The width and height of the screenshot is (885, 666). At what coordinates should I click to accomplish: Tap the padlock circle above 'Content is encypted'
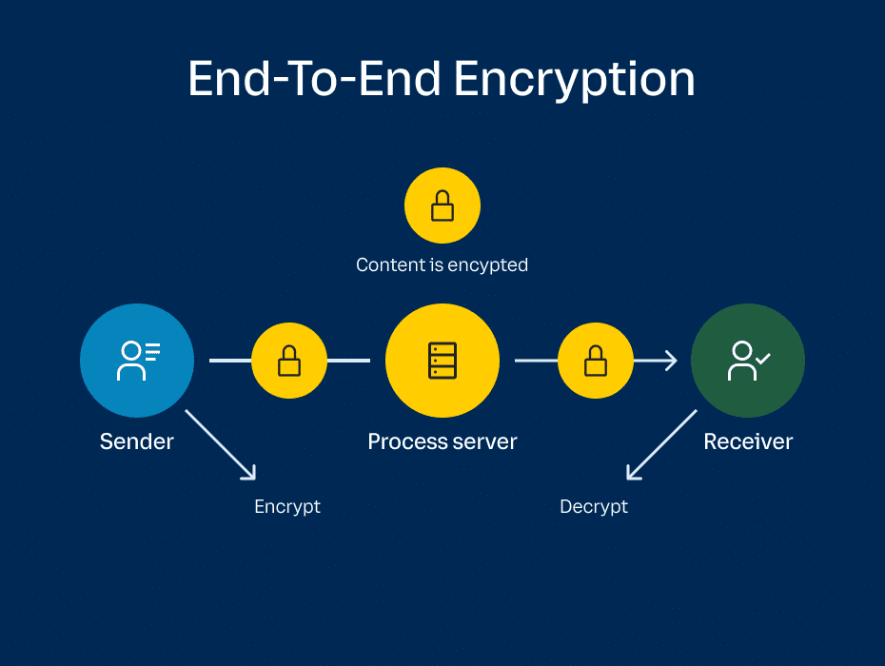442,206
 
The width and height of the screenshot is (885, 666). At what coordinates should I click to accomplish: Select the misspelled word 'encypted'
491,264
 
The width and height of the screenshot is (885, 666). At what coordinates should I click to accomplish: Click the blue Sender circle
137,361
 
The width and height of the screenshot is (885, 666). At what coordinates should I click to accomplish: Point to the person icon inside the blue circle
137,361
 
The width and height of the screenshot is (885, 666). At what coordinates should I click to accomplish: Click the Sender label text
137,441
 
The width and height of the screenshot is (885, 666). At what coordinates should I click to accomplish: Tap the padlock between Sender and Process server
289,361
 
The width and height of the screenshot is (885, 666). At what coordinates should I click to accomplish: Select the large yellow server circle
442,361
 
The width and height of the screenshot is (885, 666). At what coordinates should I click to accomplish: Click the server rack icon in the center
442,361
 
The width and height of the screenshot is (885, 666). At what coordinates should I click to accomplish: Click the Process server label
442,441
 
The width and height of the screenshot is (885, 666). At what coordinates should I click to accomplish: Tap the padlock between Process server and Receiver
596,361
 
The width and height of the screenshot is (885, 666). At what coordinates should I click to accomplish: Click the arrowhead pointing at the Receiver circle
670,361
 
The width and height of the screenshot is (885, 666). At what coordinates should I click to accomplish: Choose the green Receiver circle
748,361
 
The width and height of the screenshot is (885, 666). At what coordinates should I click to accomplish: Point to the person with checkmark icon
748,361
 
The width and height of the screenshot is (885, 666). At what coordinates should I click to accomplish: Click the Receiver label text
748,441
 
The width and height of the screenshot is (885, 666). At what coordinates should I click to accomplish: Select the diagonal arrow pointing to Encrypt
221,444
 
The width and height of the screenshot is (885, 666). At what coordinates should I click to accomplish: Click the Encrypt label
287,506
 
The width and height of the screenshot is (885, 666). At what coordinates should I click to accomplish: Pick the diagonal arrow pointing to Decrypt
661,444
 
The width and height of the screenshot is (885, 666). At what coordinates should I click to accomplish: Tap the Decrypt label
594,506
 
